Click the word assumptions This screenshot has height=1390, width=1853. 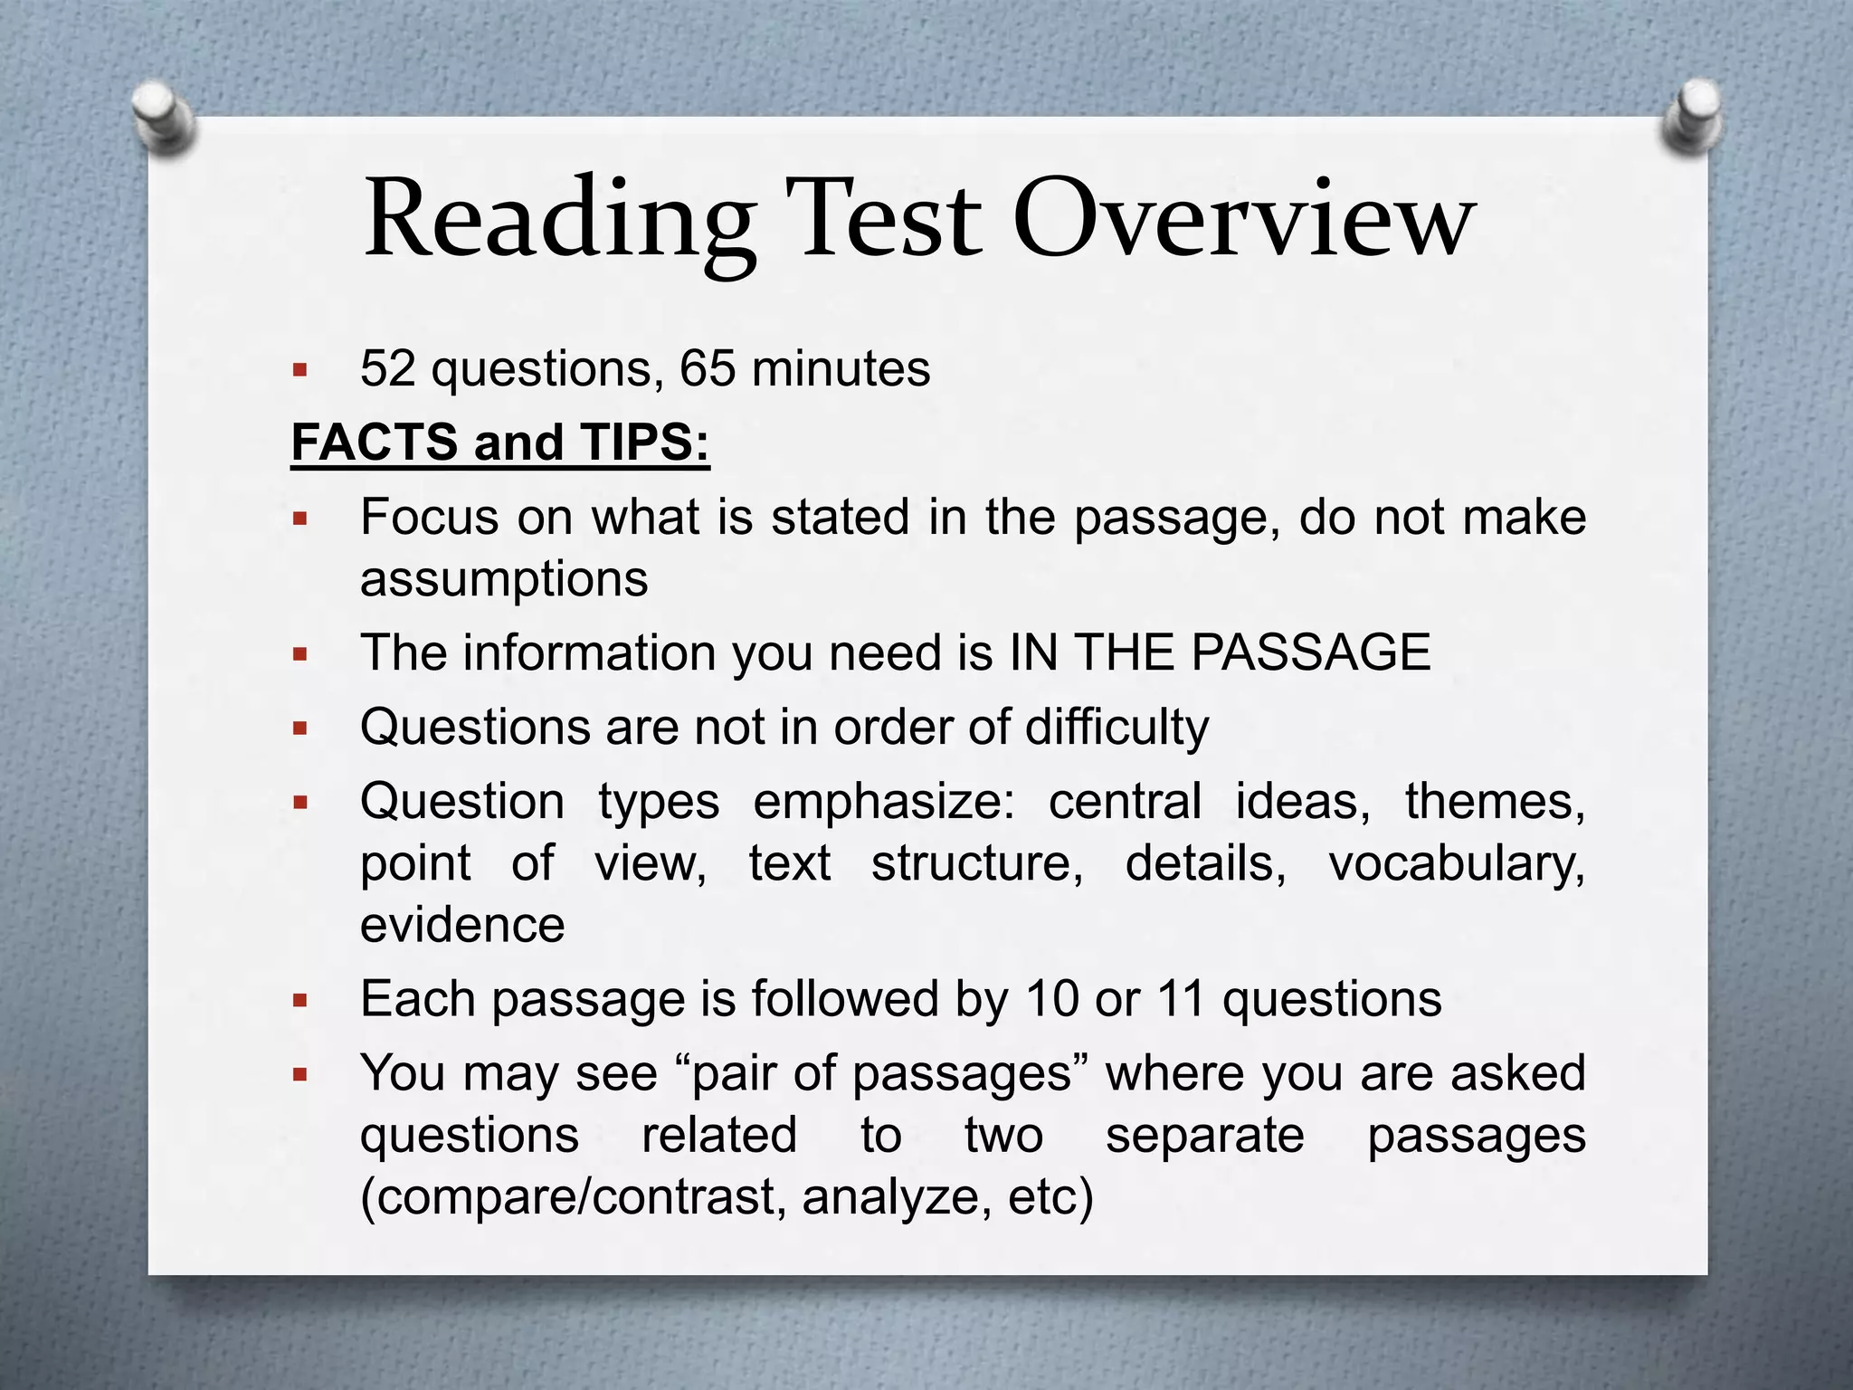(504, 579)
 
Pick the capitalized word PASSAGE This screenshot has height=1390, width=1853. (1311, 652)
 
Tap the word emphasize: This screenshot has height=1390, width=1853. (885, 803)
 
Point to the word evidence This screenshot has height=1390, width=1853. (462, 925)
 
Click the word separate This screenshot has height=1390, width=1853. (1204, 1136)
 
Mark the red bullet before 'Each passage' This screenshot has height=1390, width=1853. (300, 1001)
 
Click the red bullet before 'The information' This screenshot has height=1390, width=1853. (300, 654)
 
